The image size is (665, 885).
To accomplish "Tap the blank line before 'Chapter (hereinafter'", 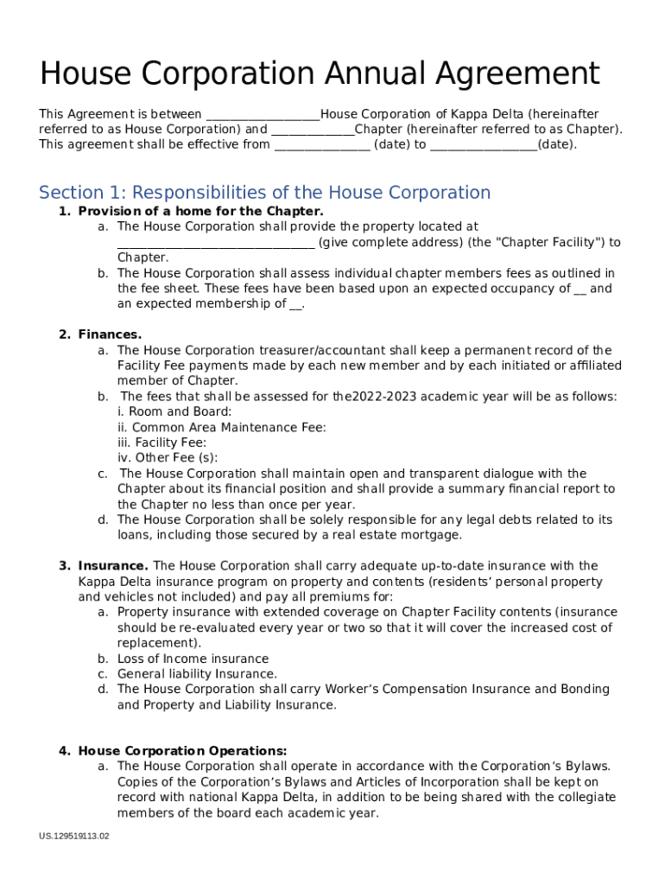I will pyautogui.click(x=313, y=131).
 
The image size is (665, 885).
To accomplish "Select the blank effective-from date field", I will pyautogui.click(x=322, y=145).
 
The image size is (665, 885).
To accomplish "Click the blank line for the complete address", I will pyautogui.click(x=216, y=243).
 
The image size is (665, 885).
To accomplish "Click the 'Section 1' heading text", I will pyautogui.click(x=265, y=193).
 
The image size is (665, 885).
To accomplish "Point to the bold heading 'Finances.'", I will pyautogui.click(x=110, y=334).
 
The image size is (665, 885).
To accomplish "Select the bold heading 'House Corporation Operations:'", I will pyautogui.click(x=182, y=751).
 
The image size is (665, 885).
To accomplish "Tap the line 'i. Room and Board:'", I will pyautogui.click(x=174, y=412).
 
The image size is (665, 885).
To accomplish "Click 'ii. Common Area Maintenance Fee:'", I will pyautogui.click(x=222, y=428).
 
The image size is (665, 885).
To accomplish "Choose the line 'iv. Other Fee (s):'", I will pyautogui.click(x=168, y=458).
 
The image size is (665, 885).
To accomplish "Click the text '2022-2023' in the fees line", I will pyautogui.click(x=383, y=397).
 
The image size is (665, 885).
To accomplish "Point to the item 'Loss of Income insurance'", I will pyautogui.click(x=193, y=659).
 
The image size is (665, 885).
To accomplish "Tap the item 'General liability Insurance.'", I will pyautogui.click(x=197, y=674).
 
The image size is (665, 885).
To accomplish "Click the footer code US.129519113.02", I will pyautogui.click(x=74, y=836).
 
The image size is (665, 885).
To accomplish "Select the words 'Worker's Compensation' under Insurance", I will pyautogui.click(x=402, y=690).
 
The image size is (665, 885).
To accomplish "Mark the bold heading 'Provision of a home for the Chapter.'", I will pyautogui.click(x=200, y=212).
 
